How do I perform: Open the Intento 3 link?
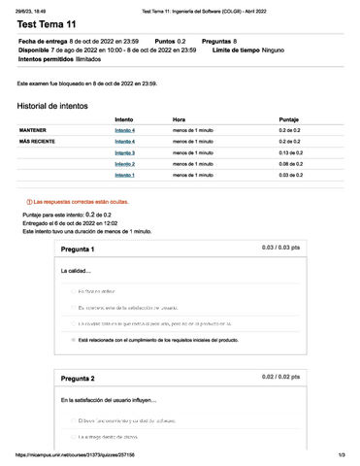point(124,152)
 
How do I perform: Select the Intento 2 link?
point(124,164)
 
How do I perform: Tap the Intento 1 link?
point(124,176)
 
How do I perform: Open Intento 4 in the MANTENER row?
point(124,129)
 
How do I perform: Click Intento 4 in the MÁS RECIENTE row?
point(124,141)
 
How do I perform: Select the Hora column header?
point(179,118)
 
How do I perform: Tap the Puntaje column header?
point(288,118)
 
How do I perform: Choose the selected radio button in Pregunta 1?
point(73,341)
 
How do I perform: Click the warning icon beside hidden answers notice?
point(28,201)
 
